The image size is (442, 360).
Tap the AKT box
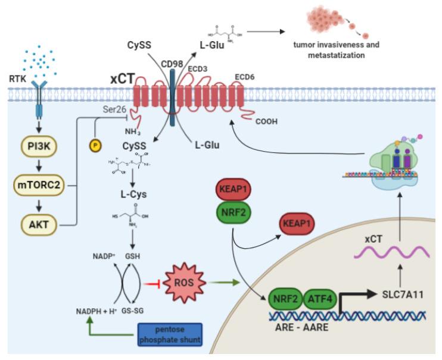coord(39,225)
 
